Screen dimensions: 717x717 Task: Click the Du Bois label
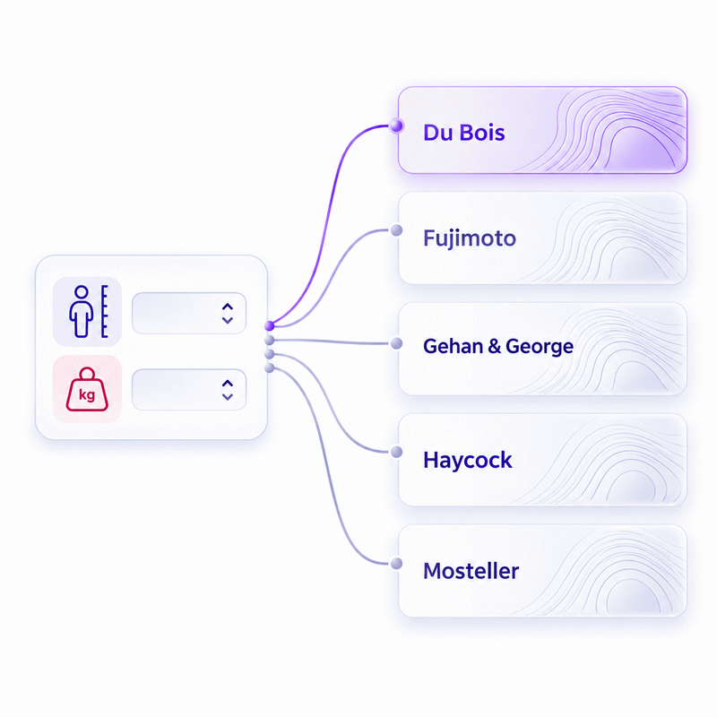click(x=463, y=133)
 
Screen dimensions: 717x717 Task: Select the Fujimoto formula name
click(x=469, y=238)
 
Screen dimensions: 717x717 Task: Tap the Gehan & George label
click(x=498, y=346)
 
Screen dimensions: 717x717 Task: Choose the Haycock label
click(x=467, y=460)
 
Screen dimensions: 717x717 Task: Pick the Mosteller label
click(x=471, y=571)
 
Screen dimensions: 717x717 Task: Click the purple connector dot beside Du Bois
click(x=396, y=125)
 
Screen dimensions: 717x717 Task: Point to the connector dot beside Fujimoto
click(x=396, y=230)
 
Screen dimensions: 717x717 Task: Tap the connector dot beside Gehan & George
click(x=396, y=343)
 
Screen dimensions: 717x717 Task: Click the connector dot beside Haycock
click(x=396, y=453)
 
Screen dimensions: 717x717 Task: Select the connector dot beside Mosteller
click(x=396, y=564)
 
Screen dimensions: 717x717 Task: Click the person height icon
click(x=87, y=311)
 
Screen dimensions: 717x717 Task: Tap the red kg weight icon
click(x=87, y=389)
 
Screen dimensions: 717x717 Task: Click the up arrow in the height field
click(x=228, y=307)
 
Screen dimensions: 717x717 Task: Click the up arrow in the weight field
click(x=228, y=384)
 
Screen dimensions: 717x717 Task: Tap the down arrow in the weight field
click(x=228, y=396)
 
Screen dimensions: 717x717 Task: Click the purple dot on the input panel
click(x=270, y=326)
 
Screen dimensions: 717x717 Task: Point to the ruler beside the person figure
click(x=105, y=311)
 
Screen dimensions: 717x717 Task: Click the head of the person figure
click(x=82, y=292)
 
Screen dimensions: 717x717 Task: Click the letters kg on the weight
click(x=87, y=394)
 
